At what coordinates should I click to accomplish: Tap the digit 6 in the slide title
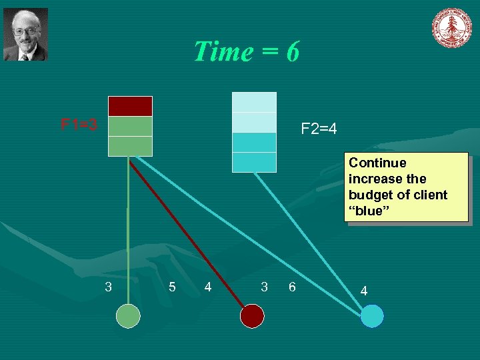(x=292, y=51)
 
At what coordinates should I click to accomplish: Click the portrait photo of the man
(x=26, y=35)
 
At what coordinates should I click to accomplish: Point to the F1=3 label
(x=79, y=125)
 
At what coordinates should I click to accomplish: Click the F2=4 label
(x=319, y=128)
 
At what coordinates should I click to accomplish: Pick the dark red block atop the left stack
(x=130, y=106)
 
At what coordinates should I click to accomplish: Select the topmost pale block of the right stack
(x=254, y=102)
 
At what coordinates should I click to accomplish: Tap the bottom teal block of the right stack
(x=254, y=162)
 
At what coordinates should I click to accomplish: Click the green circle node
(x=128, y=316)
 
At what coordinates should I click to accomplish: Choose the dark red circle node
(x=252, y=316)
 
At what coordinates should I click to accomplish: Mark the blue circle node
(x=372, y=316)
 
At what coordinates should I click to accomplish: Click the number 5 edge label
(x=172, y=287)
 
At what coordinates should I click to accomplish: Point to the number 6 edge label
(x=292, y=287)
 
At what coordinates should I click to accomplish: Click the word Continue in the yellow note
(x=377, y=163)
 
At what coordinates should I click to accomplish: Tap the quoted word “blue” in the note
(x=367, y=211)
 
